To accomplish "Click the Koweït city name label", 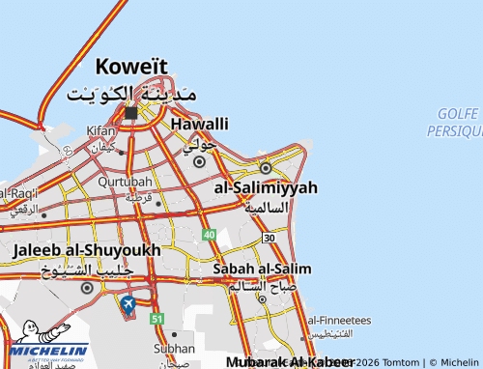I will [x=131, y=68].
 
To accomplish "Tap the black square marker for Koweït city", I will [x=131, y=113].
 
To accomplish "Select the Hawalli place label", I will [x=199, y=124].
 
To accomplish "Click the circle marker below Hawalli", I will [x=199, y=162].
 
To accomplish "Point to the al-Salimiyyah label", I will [x=266, y=187].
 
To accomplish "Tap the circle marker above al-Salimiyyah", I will [x=266, y=168].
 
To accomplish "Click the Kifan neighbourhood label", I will [x=100, y=129].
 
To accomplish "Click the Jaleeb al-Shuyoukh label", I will [x=87, y=249].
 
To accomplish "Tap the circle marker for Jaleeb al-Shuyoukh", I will [x=87, y=287].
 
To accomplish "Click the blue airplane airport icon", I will [x=128, y=305].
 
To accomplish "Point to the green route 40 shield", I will [x=210, y=235].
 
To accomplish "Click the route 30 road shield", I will [x=269, y=238].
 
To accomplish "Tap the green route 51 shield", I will [x=157, y=318].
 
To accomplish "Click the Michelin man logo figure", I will [x=32, y=334].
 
